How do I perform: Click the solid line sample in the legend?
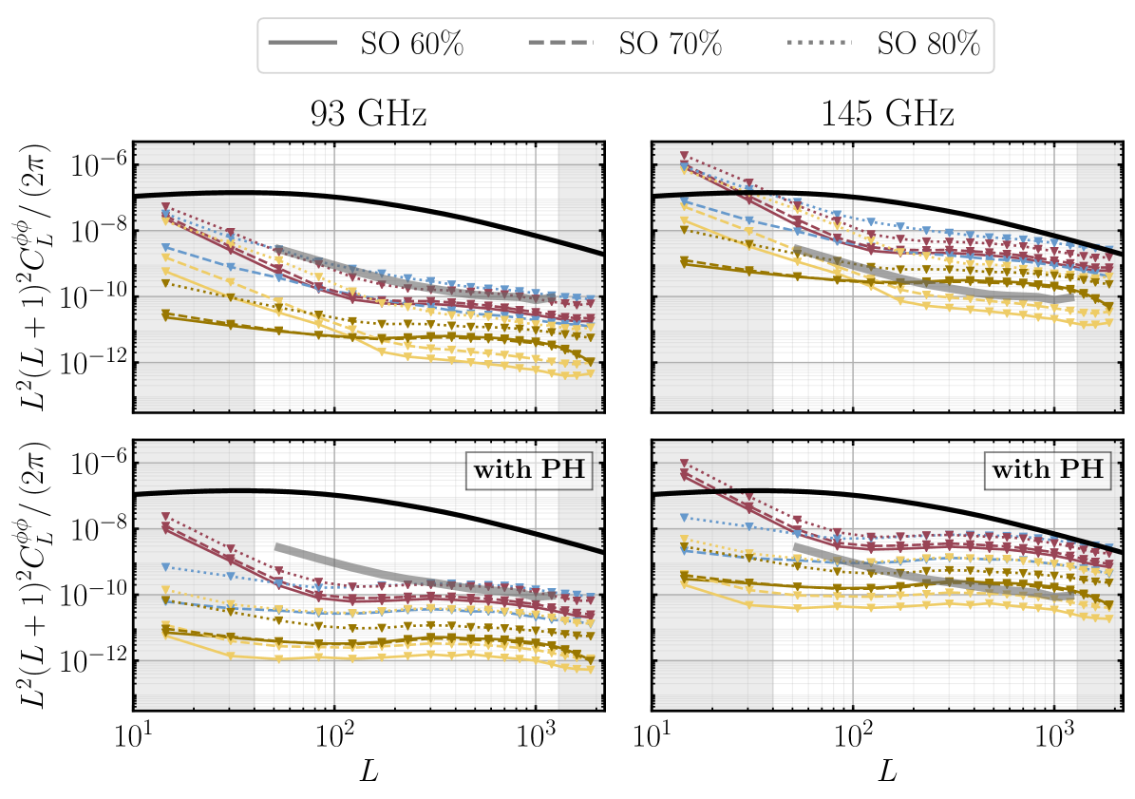303,45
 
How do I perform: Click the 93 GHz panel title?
369,115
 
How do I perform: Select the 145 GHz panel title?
887,115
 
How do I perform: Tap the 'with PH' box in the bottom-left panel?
529,470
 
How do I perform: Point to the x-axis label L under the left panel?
369,771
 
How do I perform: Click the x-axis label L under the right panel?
887,771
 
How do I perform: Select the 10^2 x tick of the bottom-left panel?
335,735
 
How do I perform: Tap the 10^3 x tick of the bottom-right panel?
1054,735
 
